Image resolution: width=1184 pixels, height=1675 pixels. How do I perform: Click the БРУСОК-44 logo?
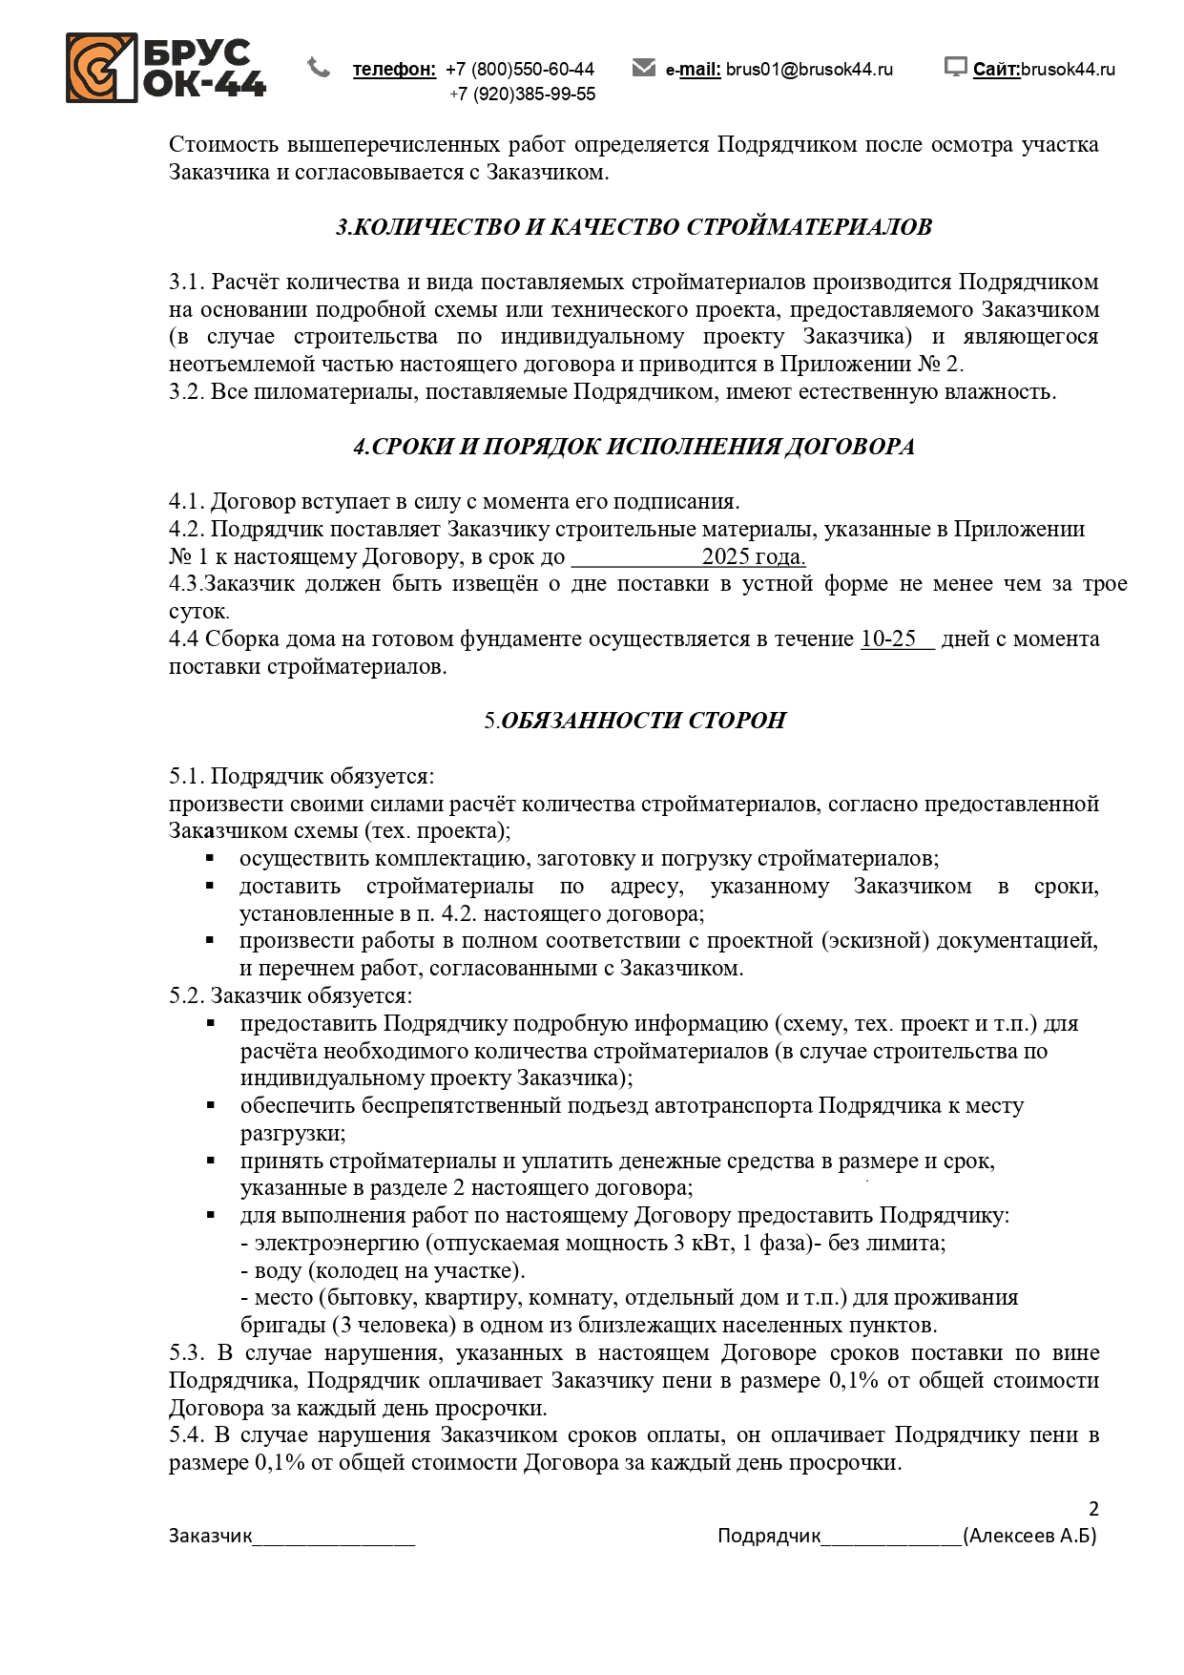click(165, 68)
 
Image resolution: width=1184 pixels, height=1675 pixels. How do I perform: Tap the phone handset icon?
click(319, 67)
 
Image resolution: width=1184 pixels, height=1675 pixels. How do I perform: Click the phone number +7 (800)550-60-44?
click(520, 70)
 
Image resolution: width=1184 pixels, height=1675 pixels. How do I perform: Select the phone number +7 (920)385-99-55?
click(523, 94)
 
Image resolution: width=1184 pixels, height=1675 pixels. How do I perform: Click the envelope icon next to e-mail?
click(644, 67)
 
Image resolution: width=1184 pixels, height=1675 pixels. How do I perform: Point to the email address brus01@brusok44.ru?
click(809, 70)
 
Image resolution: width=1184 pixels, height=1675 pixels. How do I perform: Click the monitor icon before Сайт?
click(955, 67)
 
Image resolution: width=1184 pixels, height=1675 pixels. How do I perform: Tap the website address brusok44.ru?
click(1068, 70)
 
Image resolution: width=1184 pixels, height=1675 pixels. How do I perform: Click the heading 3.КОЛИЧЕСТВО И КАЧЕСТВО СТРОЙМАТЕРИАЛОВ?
click(634, 227)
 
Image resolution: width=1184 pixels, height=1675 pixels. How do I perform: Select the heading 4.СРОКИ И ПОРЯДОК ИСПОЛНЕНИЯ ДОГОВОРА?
click(634, 447)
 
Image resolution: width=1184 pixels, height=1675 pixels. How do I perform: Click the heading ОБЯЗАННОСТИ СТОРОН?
click(643, 721)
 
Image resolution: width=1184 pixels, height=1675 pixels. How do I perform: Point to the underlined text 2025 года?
click(754, 557)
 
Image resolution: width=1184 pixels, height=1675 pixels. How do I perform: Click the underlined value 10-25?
click(888, 639)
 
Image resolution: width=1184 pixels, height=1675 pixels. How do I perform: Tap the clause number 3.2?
click(186, 392)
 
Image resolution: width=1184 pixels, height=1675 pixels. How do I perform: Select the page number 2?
click(1093, 1509)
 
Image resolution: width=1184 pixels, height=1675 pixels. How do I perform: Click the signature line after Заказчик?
click(334, 1537)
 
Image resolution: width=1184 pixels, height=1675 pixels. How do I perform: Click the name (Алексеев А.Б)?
click(1029, 1536)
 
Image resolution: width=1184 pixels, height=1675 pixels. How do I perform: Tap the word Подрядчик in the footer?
click(769, 1536)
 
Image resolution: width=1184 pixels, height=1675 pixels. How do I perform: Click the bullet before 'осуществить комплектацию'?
click(210, 859)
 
